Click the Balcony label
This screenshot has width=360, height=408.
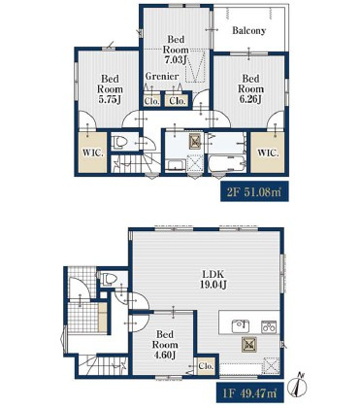[x=249, y=31]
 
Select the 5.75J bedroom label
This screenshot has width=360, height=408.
[x=110, y=89]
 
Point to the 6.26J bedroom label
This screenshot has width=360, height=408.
[x=250, y=88]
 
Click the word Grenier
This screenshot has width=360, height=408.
[x=162, y=77]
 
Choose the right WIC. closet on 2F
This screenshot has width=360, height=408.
[x=268, y=153]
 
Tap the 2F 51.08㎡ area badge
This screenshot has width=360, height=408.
[x=254, y=192]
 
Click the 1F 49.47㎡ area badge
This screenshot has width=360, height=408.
[x=250, y=393]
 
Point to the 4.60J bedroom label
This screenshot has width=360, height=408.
[x=165, y=345]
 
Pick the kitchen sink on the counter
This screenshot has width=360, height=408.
[x=241, y=326]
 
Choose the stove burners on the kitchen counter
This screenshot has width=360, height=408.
[x=269, y=326]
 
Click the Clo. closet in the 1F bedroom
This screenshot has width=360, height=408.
[x=206, y=366]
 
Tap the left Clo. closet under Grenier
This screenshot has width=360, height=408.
[x=151, y=101]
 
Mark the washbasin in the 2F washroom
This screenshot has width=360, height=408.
[x=176, y=165]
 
